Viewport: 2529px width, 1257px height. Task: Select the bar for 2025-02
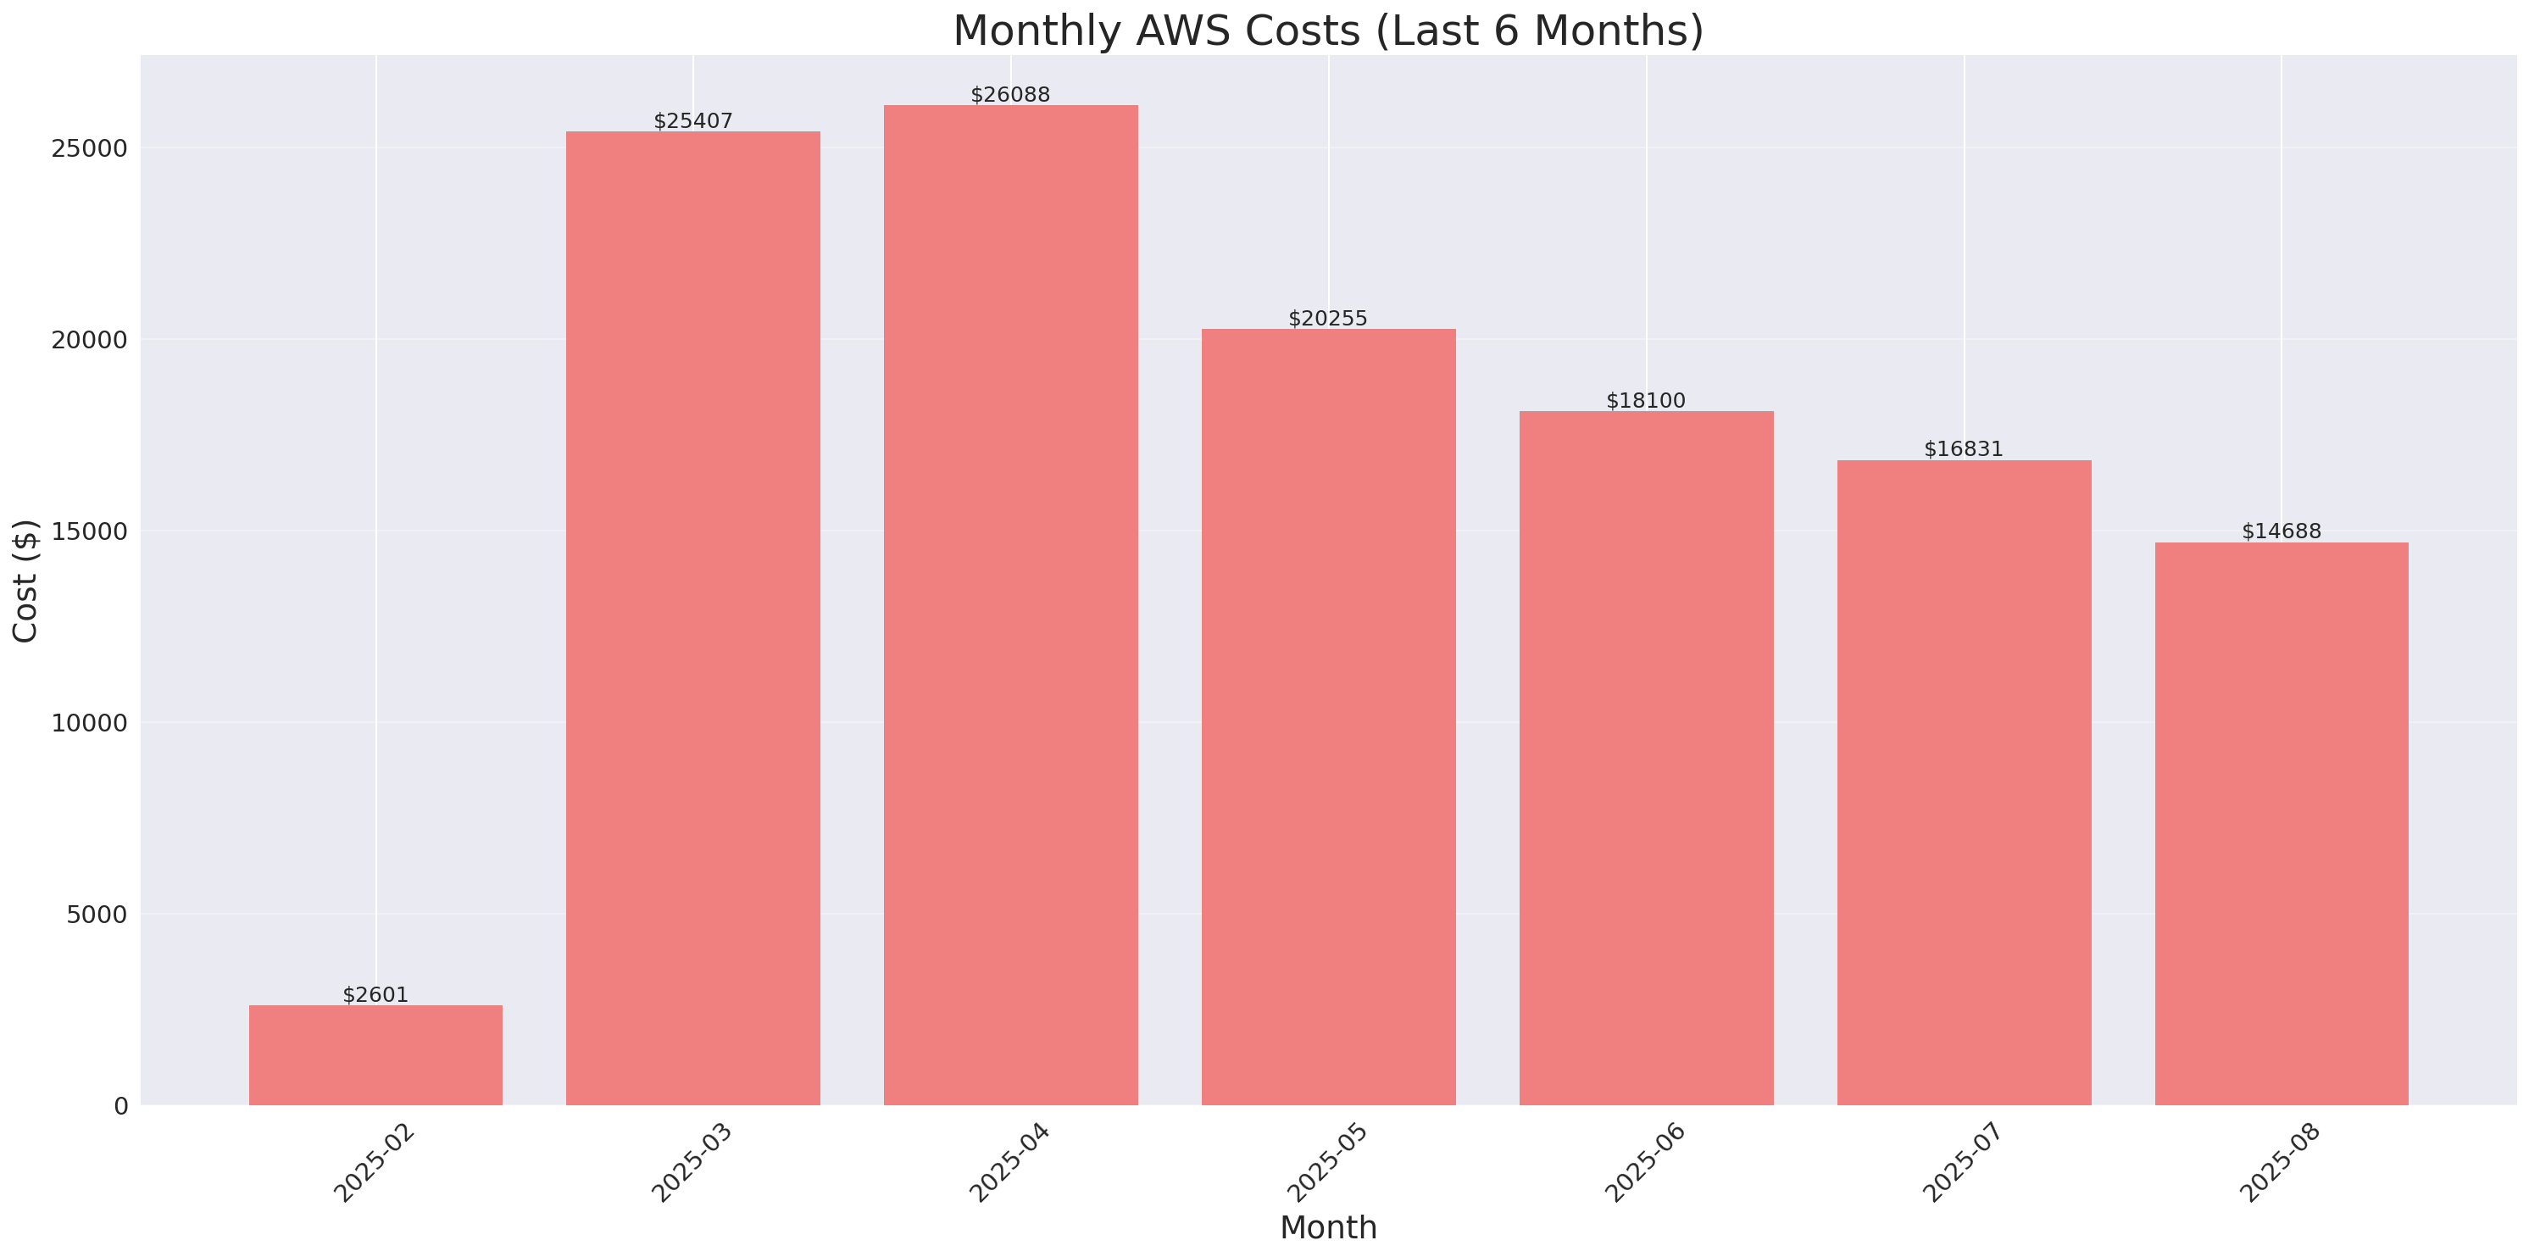(375, 1054)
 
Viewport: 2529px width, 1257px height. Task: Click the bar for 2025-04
(1010, 605)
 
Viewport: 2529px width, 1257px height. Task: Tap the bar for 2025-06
(1647, 758)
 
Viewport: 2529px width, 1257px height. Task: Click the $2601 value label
(375, 995)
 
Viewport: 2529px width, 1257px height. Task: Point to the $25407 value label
(693, 121)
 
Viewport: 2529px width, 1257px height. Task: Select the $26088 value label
(1010, 94)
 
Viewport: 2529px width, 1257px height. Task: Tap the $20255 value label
(1327, 318)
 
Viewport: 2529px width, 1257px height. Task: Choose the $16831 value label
(1964, 448)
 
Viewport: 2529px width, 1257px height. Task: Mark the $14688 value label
(2282, 531)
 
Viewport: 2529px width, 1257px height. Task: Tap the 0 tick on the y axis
(120, 1107)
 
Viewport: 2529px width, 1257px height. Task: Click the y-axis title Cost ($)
(25, 581)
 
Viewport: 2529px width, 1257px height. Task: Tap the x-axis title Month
(1328, 1227)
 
